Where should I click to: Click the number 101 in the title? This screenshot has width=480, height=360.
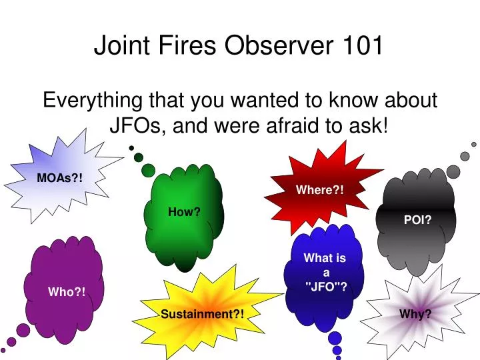(x=364, y=45)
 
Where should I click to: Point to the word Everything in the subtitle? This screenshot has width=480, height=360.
(x=92, y=101)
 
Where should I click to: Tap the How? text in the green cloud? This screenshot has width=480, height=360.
(x=184, y=212)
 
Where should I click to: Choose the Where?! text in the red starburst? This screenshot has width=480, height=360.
(x=321, y=190)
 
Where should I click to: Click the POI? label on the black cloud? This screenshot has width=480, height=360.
(x=417, y=221)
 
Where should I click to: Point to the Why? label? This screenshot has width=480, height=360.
(x=415, y=314)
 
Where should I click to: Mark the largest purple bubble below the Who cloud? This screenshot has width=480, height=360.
(x=23, y=329)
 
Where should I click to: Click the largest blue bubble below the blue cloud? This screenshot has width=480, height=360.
(x=335, y=338)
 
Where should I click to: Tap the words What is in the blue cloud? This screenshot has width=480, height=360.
(x=325, y=259)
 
